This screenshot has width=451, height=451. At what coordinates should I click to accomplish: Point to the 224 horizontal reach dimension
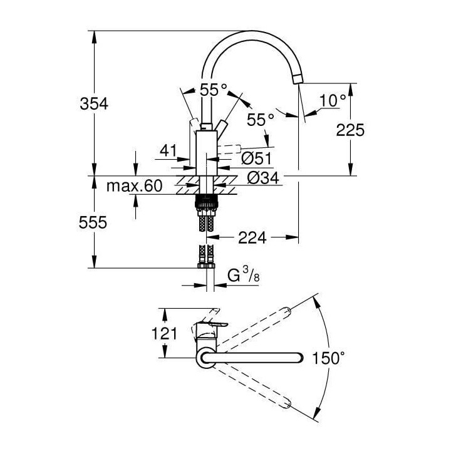click(252, 237)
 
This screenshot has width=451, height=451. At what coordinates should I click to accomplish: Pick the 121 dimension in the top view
click(163, 334)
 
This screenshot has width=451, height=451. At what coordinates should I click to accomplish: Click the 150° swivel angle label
click(329, 358)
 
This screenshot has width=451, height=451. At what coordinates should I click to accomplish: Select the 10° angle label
click(333, 100)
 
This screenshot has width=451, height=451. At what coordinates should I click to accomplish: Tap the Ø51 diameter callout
click(256, 159)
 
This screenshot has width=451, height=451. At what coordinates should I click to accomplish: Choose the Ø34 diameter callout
click(262, 178)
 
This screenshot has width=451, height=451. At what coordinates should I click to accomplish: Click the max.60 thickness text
click(134, 186)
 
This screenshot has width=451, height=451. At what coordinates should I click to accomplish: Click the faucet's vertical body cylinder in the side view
click(206, 153)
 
